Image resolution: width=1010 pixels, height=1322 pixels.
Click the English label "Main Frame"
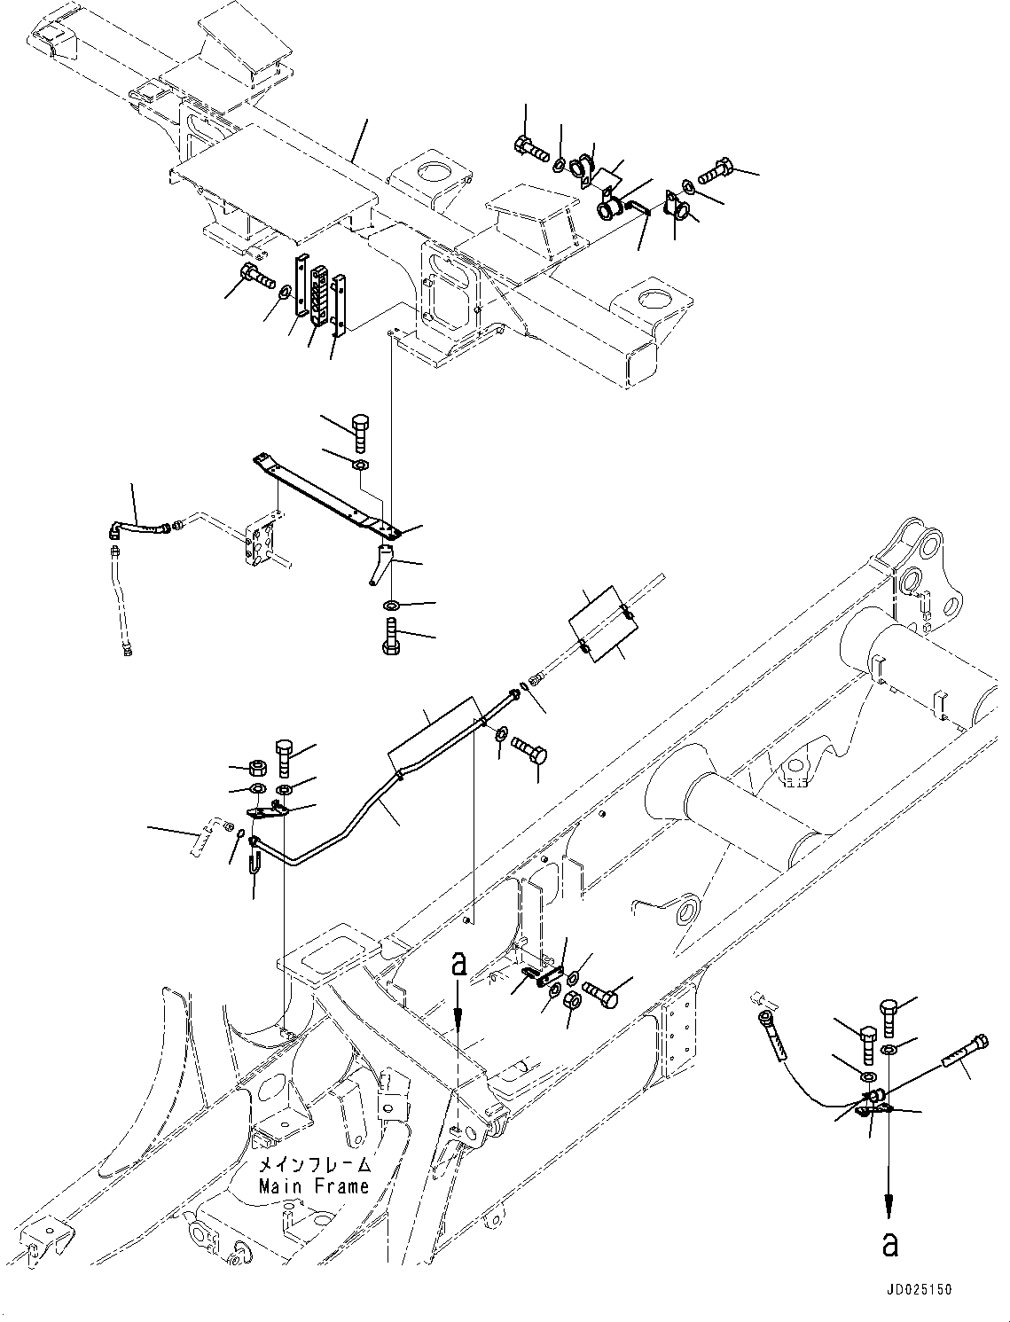pos(314,1186)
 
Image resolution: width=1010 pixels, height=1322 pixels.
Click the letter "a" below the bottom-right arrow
pos(889,1243)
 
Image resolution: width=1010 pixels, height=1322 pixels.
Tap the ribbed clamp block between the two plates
pos(317,295)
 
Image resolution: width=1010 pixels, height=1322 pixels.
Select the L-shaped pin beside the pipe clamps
pos(638,207)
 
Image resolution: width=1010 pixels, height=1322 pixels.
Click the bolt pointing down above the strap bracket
pos(360,433)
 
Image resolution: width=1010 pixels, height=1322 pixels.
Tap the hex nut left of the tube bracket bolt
pos(258,768)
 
